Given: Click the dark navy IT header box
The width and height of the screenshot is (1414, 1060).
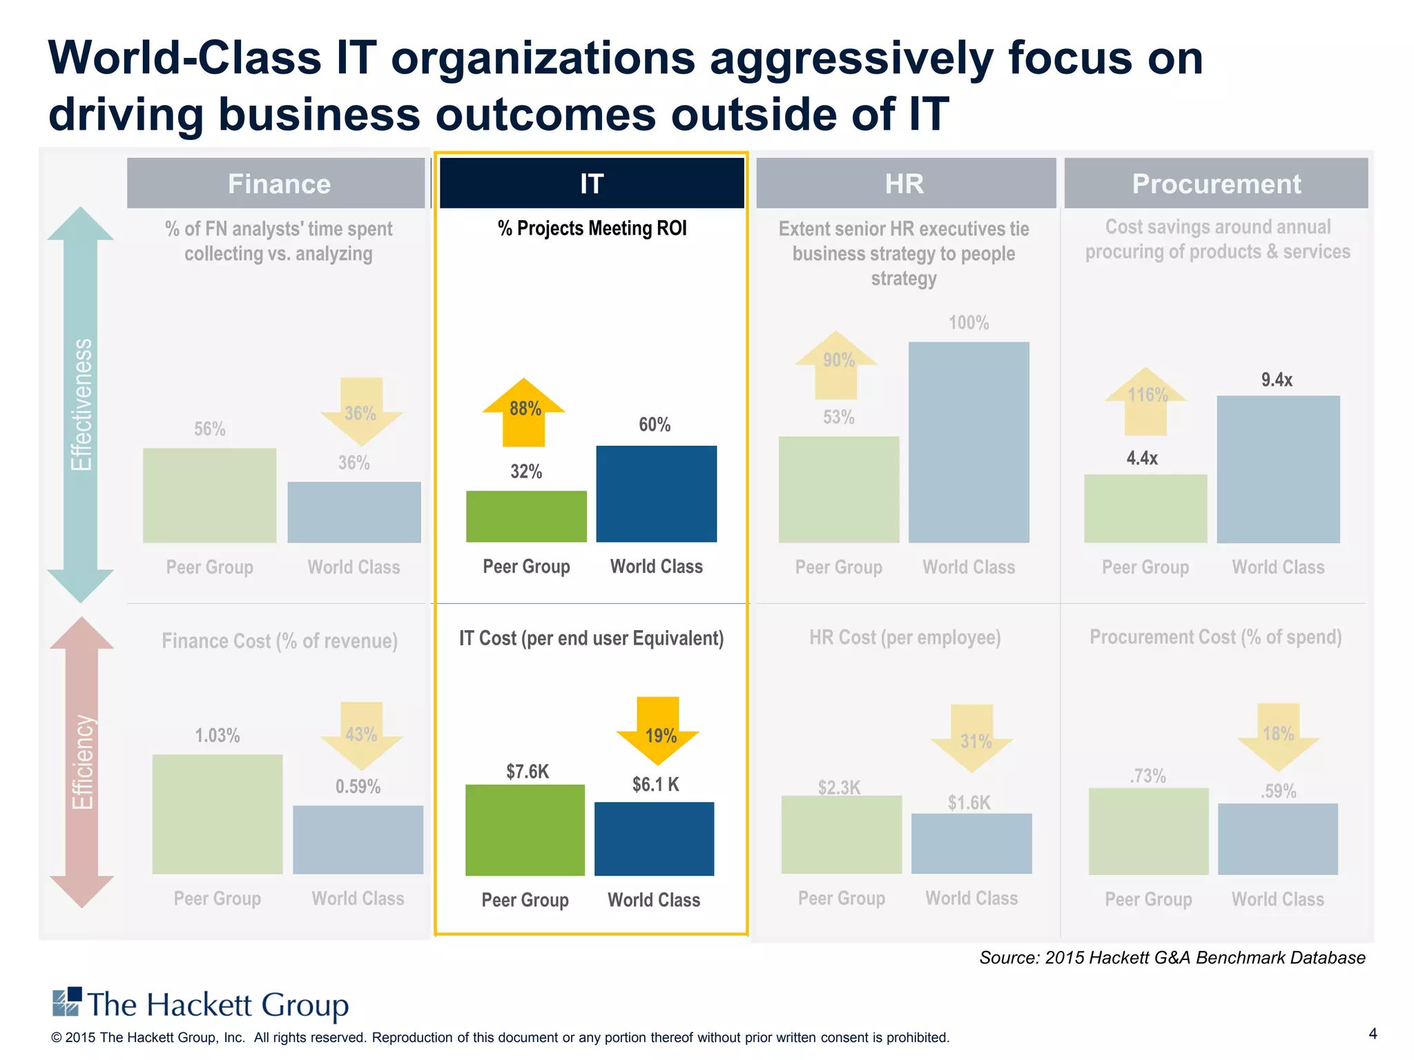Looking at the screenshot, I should pyautogui.click(x=592, y=183).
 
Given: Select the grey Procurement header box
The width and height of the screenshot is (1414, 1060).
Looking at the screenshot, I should pyautogui.click(x=1216, y=183).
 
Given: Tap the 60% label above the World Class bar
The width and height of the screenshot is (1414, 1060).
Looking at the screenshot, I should pyautogui.click(x=655, y=424).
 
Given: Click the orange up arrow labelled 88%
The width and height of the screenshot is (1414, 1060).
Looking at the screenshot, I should pyautogui.click(x=523, y=412).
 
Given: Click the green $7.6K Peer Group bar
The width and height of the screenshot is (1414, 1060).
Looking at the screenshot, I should pyautogui.click(x=525, y=830).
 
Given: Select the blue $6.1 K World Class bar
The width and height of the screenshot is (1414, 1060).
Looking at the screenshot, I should pyautogui.click(x=654, y=838).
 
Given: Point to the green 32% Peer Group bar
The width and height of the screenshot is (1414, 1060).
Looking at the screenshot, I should pyautogui.click(x=526, y=516).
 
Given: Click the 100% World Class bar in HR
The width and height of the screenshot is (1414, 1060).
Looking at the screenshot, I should pyautogui.click(x=969, y=442).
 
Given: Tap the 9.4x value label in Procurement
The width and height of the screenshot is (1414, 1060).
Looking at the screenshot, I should pyautogui.click(x=1277, y=380).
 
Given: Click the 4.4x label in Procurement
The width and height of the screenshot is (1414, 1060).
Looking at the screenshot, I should pyautogui.click(x=1142, y=458).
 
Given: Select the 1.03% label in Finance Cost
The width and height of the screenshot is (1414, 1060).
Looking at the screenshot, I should pyautogui.click(x=217, y=736).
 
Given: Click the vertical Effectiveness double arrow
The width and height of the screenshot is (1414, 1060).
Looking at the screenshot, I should pyautogui.click(x=81, y=404).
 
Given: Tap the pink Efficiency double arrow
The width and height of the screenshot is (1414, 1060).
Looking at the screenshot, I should pyautogui.click(x=81, y=762).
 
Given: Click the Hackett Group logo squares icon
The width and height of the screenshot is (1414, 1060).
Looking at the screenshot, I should pyautogui.click(x=67, y=1002).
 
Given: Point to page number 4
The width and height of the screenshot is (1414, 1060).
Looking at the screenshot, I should pyautogui.click(x=1373, y=1033).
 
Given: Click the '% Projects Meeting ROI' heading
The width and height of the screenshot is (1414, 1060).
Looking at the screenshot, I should pyautogui.click(x=592, y=228).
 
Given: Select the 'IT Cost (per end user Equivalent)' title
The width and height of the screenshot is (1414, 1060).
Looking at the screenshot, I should pyautogui.click(x=592, y=638).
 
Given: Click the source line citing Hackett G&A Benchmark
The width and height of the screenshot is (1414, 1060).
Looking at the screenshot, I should pyautogui.click(x=1172, y=958).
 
